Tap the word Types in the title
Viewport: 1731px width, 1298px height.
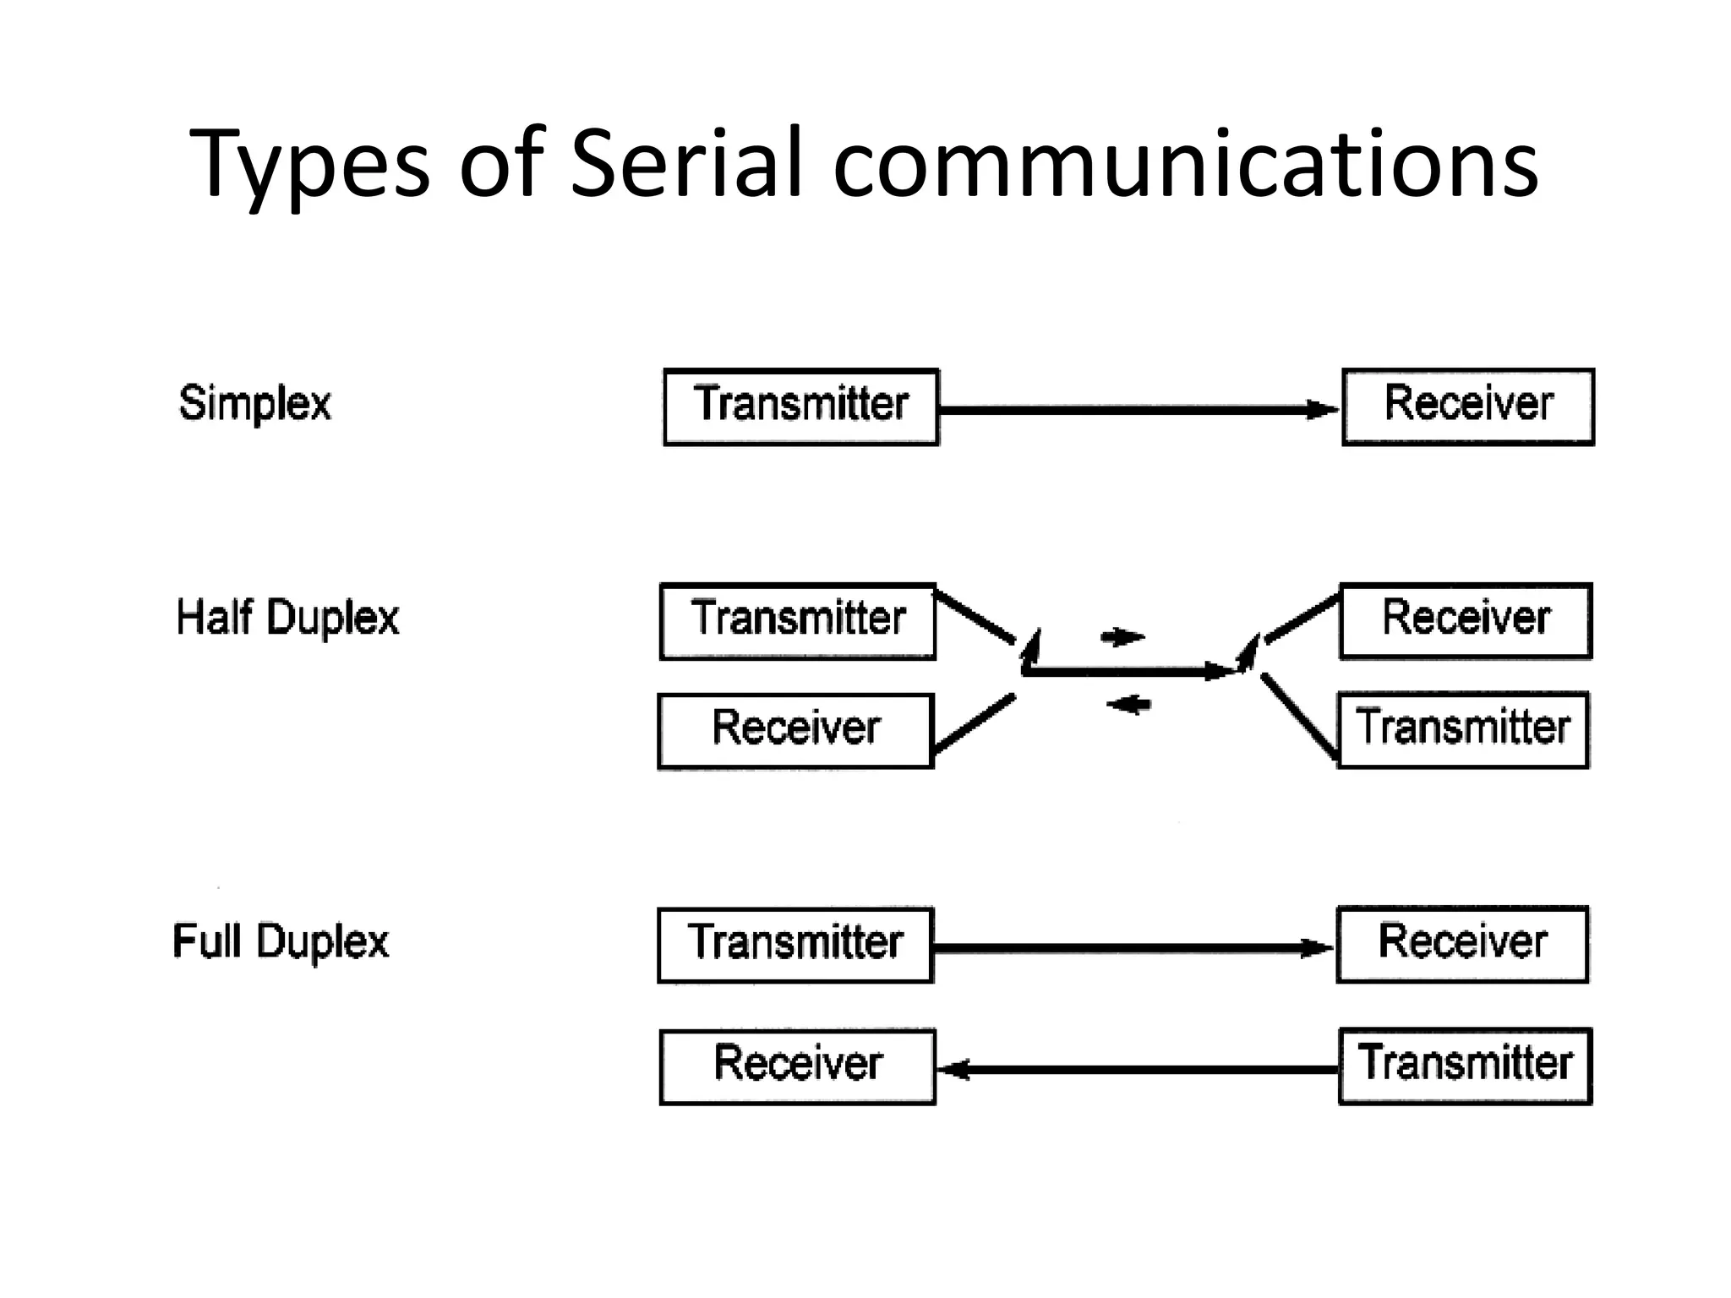click(x=309, y=165)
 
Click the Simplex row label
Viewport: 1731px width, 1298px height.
click(x=254, y=403)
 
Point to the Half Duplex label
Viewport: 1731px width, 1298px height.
click(x=287, y=618)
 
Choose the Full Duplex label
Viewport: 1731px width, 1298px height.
click(x=281, y=941)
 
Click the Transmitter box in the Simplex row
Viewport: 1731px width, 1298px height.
click(x=800, y=406)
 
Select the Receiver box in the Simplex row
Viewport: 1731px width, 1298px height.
click(x=1467, y=406)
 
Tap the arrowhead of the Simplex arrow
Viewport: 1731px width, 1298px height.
click(x=1323, y=410)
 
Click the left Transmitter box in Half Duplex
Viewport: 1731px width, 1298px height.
click(x=797, y=621)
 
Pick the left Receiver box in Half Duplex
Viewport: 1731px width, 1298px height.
click(x=795, y=731)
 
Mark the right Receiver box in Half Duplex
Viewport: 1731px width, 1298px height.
click(x=1466, y=621)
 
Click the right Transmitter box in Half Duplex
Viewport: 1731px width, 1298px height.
click(x=1463, y=730)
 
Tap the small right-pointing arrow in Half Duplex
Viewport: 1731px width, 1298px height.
click(x=1123, y=636)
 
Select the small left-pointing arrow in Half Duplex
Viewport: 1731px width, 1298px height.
click(x=1128, y=703)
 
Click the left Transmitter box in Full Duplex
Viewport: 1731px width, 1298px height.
click(x=795, y=945)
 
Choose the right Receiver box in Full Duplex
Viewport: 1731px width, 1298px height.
click(x=1462, y=944)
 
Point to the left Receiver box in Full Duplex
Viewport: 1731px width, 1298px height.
click(x=797, y=1066)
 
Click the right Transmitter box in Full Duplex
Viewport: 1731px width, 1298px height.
click(x=1465, y=1066)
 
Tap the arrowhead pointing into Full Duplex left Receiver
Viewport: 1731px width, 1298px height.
click(x=953, y=1070)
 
